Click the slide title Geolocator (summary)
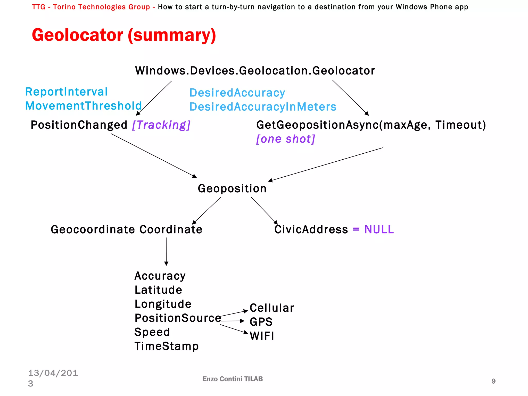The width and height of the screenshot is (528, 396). click(x=124, y=35)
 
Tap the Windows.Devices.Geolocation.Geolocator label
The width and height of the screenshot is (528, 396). click(x=255, y=71)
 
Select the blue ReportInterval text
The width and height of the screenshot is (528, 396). click(x=66, y=92)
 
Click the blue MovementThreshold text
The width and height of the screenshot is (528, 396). click(x=84, y=106)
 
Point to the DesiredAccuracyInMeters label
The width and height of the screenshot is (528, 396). click(x=263, y=107)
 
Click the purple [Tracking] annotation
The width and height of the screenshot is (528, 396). click(x=161, y=125)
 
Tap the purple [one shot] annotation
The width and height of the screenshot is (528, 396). click(x=285, y=139)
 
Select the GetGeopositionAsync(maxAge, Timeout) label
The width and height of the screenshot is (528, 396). click(x=371, y=125)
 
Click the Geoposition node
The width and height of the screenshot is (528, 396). click(x=232, y=188)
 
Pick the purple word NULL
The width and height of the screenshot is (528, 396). click(x=379, y=229)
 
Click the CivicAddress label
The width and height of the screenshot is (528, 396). click(x=311, y=229)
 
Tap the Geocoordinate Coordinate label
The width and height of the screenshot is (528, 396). click(x=126, y=229)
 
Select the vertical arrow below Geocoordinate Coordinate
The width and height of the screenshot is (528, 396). click(x=166, y=251)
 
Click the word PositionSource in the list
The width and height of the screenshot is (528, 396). click(x=178, y=318)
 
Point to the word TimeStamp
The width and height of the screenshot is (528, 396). click(x=167, y=346)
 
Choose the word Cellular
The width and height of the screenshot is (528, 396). click(x=272, y=308)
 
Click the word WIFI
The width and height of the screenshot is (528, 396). click(x=262, y=336)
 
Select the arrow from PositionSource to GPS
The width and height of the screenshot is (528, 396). click(x=232, y=321)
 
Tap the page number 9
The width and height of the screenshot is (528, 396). click(x=493, y=381)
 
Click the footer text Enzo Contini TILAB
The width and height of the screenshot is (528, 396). click(x=233, y=379)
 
